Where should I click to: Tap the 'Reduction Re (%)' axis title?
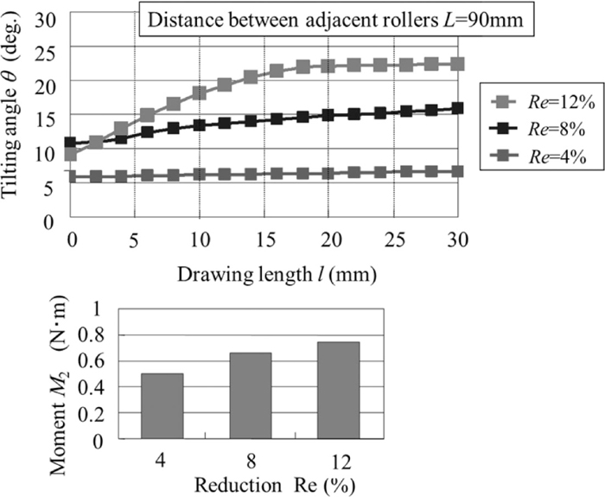250,483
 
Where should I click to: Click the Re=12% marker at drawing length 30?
457,64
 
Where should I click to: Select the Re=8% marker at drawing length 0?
71,143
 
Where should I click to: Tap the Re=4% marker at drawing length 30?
457,171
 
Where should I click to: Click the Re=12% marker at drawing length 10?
199,92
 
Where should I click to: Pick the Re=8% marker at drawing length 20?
328,115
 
